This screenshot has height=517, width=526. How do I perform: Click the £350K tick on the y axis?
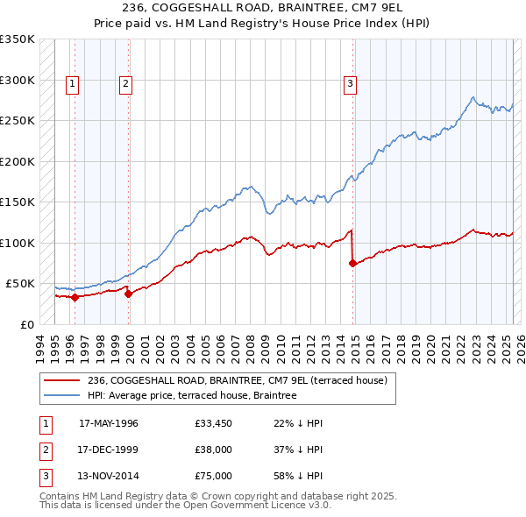pos(18,39)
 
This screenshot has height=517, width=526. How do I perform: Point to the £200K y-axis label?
pos(18,161)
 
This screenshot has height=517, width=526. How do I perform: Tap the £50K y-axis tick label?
pos(20,284)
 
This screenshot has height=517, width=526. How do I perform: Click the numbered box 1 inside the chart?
pos(71,84)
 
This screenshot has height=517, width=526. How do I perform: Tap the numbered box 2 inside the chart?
pos(126,84)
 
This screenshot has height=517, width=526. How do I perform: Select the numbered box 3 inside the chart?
pos(350,84)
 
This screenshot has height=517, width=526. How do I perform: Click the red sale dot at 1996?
pos(75,297)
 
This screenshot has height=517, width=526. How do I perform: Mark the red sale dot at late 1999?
pos(129,294)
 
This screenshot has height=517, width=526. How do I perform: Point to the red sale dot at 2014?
pos(352,263)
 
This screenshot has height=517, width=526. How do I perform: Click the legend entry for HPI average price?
pos(192,395)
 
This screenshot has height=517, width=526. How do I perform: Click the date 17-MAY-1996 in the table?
pos(109,423)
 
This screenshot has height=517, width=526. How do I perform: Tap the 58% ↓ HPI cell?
pos(298,476)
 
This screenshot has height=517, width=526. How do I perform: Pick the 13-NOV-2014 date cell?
pos(109,476)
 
